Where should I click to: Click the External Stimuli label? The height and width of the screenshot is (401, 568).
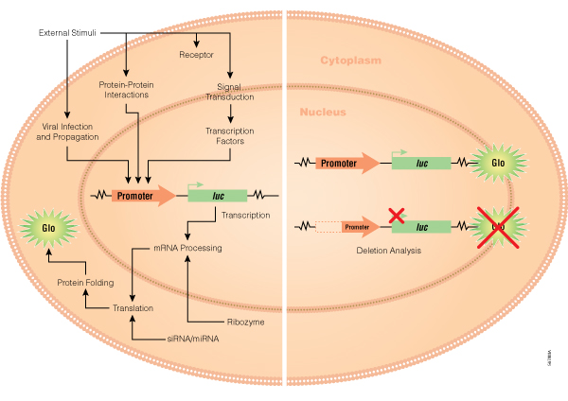pos(68,33)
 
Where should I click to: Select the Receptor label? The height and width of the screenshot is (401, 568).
pos(196,55)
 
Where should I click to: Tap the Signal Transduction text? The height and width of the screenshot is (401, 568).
pos(230,91)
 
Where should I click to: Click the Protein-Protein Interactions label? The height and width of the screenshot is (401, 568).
pos(127,89)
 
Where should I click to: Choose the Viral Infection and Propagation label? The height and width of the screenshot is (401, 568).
pos(68,131)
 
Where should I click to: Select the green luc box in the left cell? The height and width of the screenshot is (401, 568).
pos(218,196)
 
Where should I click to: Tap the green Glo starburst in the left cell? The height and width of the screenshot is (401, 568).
pos(47,229)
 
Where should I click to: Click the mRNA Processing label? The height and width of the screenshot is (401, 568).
pos(187,248)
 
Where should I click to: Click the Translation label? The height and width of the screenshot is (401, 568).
pos(133,308)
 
